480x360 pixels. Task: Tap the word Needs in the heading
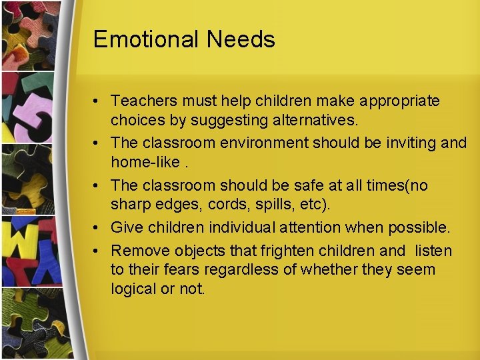tap(241, 39)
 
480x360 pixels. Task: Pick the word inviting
tap(410, 143)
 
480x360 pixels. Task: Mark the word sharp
tap(131, 204)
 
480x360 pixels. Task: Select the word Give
tap(127, 227)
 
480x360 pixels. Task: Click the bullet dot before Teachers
tap(97, 101)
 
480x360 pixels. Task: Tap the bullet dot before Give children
tap(97, 228)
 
